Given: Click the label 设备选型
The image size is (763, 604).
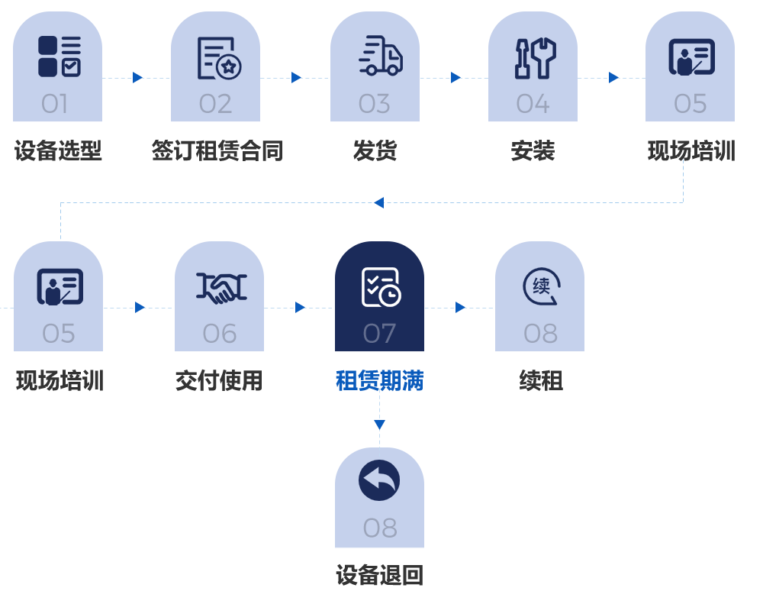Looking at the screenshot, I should tap(58, 150).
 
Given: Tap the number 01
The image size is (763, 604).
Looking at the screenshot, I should tap(55, 104).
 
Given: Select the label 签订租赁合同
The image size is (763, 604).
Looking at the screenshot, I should tap(217, 150).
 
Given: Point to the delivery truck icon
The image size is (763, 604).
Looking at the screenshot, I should tap(380, 57).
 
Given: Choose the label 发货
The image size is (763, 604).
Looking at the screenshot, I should tap(375, 150).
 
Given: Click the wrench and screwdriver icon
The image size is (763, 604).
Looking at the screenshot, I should tap(534, 58).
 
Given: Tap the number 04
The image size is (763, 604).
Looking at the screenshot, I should tap(533, 104).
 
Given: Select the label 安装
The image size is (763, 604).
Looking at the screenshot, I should tap(533, 150).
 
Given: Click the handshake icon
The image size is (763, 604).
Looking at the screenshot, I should tap(221, 287).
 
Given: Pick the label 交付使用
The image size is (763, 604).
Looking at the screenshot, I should tap(219, 380).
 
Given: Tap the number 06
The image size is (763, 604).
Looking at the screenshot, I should tap(220, 334).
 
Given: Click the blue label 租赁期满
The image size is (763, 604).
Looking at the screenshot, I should tap(379, 380).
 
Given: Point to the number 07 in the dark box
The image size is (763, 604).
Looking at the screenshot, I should tap(379, 334).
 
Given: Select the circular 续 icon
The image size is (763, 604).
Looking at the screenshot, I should tap(541, 287).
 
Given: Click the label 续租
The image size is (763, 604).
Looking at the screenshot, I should tap(541, 380).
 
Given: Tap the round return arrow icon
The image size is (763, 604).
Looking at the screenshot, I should tap(379, 480).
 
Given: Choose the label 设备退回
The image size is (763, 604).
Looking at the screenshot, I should tap(379, 574).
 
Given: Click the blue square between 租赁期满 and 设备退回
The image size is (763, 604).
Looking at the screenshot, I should tap(379, 425).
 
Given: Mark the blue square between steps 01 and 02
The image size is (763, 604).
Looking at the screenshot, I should tap(138, 77).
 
